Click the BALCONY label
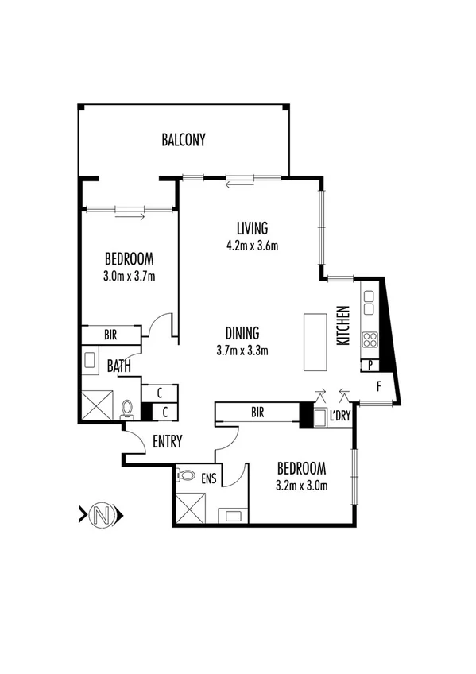(184, 141)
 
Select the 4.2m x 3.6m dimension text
(251, 246)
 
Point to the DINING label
(242, 334)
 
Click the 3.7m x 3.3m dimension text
(242, 350)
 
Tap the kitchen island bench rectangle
(315, 342)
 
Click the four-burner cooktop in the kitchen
(370, 340)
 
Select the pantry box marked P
(371, 365)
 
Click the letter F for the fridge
(378, 389)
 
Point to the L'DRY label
(341, 416)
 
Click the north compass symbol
(102, 516)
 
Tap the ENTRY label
(167, 441)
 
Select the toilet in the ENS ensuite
(187, 475)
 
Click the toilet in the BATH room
(127, 408)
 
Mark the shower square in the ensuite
(188, 506)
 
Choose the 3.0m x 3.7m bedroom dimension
(128, 277)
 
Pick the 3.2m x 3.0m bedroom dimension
(301, 485)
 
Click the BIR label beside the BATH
(110, 335)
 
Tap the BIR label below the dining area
(257, 413)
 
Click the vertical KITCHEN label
(344, 325)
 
